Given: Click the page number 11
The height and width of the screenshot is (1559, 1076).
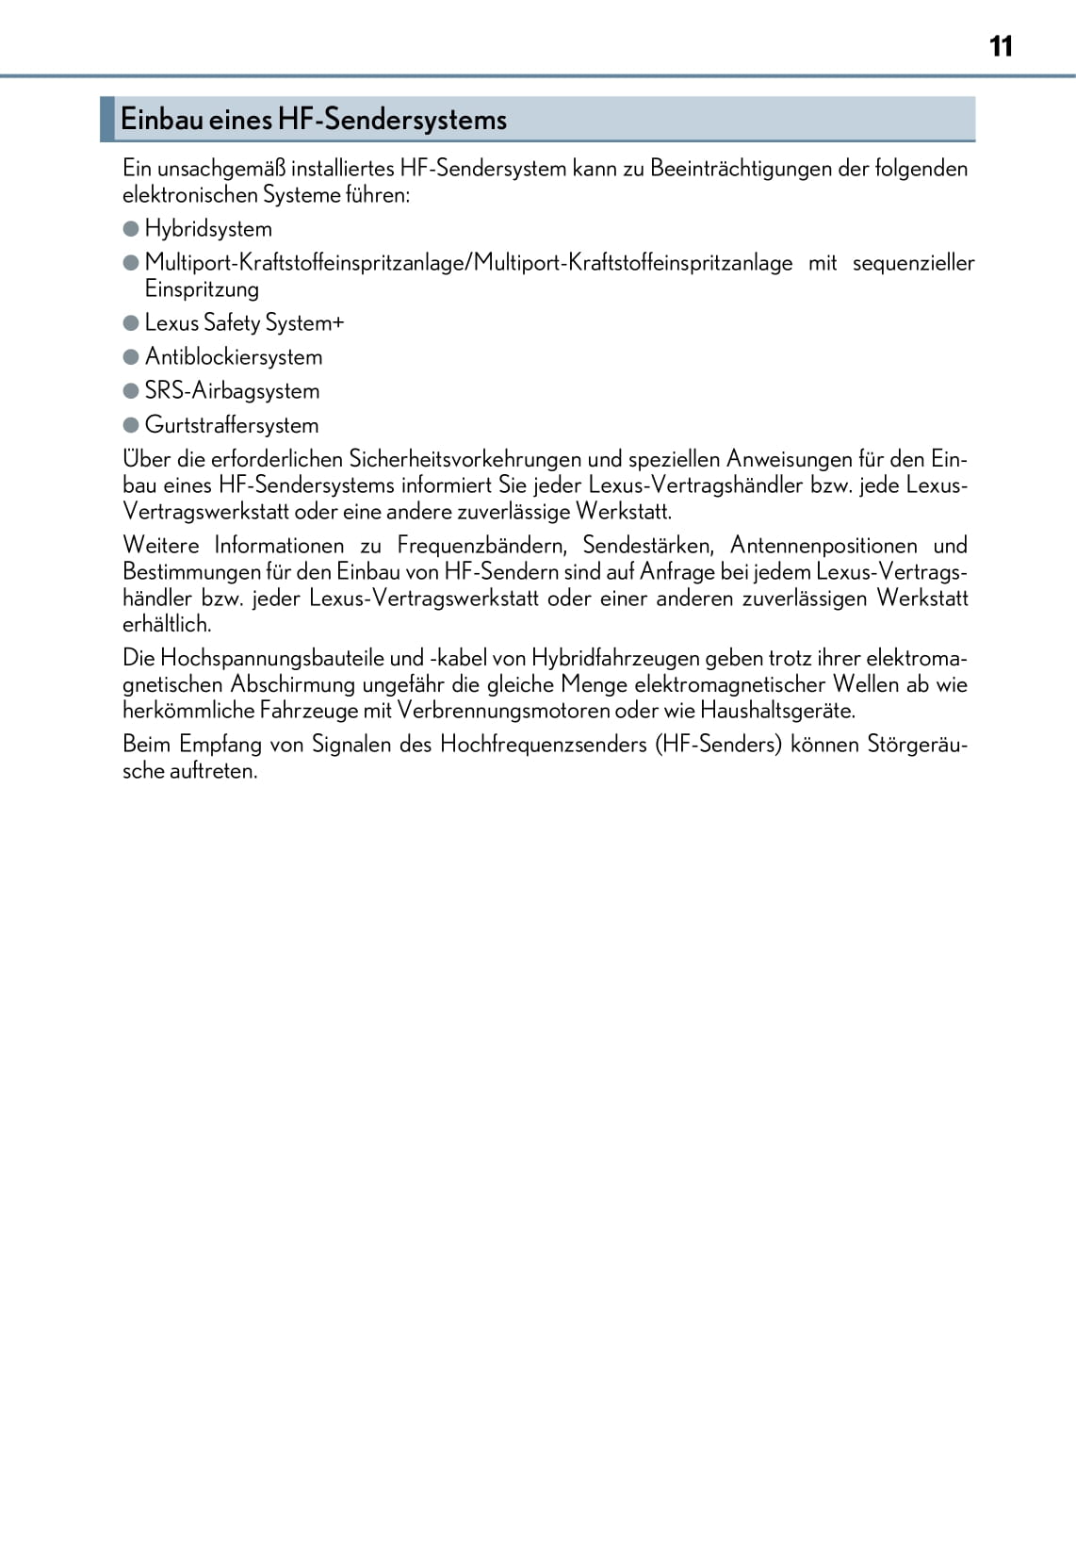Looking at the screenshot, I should click(1001, 46).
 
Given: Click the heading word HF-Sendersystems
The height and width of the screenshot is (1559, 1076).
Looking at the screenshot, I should click(391, 120).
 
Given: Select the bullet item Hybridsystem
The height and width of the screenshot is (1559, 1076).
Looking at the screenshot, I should click(208, 229).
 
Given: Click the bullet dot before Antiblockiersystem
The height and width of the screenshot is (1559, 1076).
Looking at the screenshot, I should click(131, 357).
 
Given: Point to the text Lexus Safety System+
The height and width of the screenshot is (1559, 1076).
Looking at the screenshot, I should click(244, 323).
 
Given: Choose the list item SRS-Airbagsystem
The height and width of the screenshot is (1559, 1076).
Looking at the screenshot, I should click(232, 391).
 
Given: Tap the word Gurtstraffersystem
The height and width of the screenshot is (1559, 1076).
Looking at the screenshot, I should click(232, 425).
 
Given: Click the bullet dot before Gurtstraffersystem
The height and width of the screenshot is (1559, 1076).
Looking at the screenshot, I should click(131, 425).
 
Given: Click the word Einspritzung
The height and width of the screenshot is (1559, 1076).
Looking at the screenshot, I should click(202, 289).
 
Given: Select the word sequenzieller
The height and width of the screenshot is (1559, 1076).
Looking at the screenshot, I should click(913, 263).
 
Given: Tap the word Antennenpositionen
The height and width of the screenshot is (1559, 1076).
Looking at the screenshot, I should click(823, 546).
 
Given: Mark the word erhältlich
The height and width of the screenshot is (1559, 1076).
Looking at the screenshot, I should click(167, 624).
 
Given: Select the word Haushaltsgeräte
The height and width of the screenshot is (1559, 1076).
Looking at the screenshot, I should click(777, 711).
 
